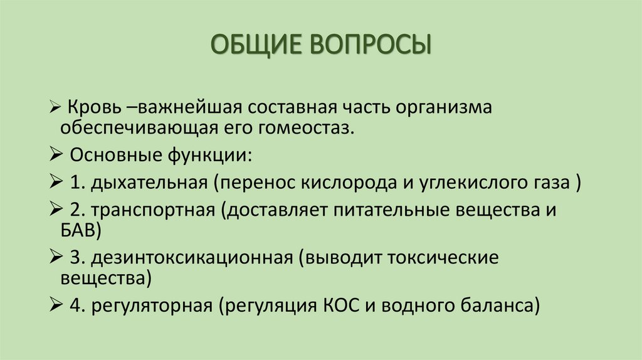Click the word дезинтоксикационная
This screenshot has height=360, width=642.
point(192,257)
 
